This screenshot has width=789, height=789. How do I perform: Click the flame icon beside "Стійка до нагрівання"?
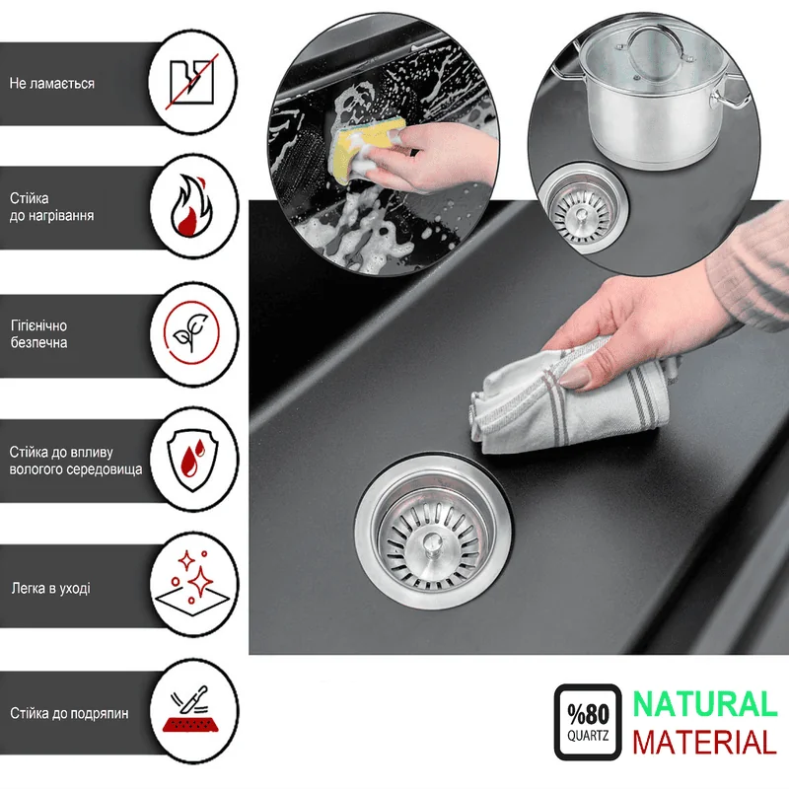tap(191, 206)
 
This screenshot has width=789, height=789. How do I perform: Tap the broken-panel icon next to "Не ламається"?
tap(191, 82)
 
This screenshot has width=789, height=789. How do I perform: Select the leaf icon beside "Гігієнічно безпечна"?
tap(191, 332)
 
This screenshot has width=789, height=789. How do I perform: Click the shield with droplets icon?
tap(192, 457)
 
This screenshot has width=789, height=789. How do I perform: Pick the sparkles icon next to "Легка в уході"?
tap(191, 584)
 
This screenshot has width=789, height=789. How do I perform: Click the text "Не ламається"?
tap(52, 84)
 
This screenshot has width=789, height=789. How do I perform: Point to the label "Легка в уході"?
tap(51, 588)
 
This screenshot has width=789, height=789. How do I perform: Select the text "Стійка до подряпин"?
tap(69, 713)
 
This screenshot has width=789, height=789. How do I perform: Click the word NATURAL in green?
tap(705, 704)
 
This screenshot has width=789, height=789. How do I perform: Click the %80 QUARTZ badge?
tap(588, 722)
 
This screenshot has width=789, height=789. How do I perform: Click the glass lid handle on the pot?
tap(657, 43)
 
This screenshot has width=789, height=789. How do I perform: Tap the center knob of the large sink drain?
tap(432, 544)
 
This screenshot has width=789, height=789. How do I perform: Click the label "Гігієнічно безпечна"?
tap(38, 334)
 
